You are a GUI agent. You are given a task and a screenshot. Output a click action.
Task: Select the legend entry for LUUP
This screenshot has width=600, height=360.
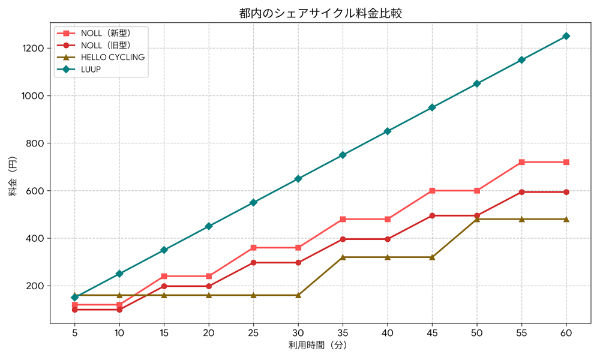tap(91, 70)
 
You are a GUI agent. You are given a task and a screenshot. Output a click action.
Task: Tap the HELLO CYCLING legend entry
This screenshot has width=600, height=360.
tap(112, 58)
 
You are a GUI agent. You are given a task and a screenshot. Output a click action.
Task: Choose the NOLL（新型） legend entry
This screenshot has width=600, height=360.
tap(105, 33)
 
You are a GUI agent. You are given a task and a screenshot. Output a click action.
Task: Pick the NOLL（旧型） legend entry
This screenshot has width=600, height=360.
tap(105, 45)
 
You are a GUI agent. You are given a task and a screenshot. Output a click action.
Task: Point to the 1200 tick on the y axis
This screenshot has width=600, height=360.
tap(34, 48)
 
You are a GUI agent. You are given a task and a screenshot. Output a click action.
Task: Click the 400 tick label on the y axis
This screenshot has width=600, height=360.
tap(37, 238)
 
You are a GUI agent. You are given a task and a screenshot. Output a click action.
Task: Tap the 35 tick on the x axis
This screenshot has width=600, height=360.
tap(343, 332)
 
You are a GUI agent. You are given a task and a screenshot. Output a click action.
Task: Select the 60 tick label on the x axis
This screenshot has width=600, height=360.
tap(566, 332)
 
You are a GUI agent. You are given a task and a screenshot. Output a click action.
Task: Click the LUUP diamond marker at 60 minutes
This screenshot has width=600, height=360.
tap(566, 36)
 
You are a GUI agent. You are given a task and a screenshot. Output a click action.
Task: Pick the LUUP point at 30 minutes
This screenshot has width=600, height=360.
tap(298, 179)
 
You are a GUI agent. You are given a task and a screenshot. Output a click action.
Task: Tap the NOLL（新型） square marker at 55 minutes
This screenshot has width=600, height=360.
tap(521, 162)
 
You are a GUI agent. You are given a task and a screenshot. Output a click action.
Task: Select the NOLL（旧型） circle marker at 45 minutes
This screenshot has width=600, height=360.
tap(432, 215)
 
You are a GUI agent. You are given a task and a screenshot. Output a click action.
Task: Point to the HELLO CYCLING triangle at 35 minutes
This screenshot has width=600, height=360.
tap(343, 257)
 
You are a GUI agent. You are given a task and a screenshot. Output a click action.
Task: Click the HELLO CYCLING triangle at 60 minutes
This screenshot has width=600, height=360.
tap(566, 219)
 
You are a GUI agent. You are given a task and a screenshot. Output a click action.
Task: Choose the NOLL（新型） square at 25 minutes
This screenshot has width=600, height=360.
tap(253, 248)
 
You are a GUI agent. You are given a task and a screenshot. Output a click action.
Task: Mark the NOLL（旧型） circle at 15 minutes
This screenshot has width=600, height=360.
tap(164, 286)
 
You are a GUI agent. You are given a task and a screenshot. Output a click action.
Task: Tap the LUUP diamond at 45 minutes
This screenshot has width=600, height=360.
tap(432, 107)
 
